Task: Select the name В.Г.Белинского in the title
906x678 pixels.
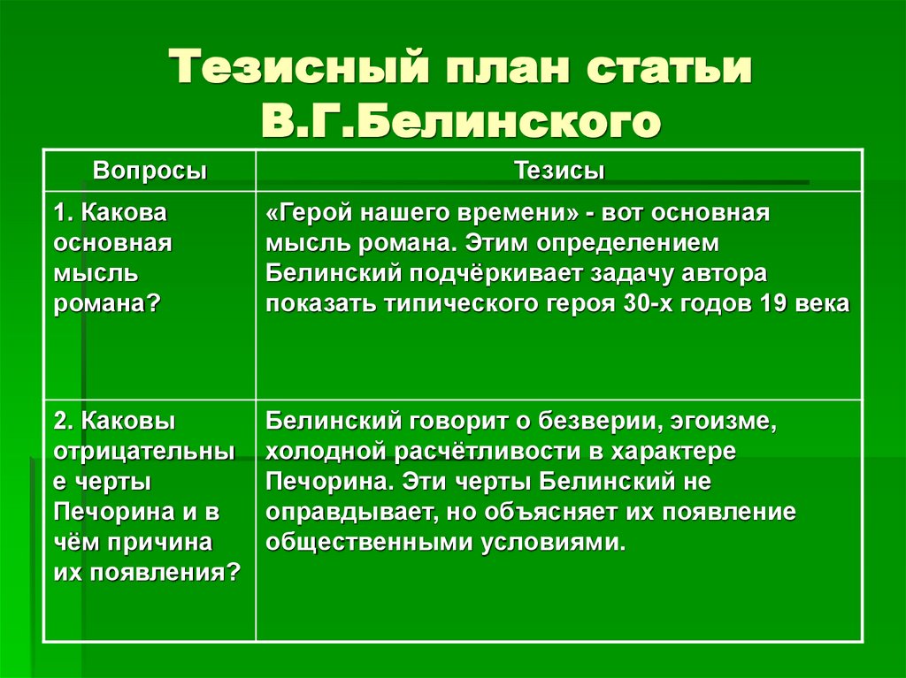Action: (460, 121)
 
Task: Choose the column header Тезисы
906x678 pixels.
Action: (559, 171)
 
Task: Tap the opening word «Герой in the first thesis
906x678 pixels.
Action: (310, 214)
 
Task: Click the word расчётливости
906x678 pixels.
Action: (479, 451)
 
